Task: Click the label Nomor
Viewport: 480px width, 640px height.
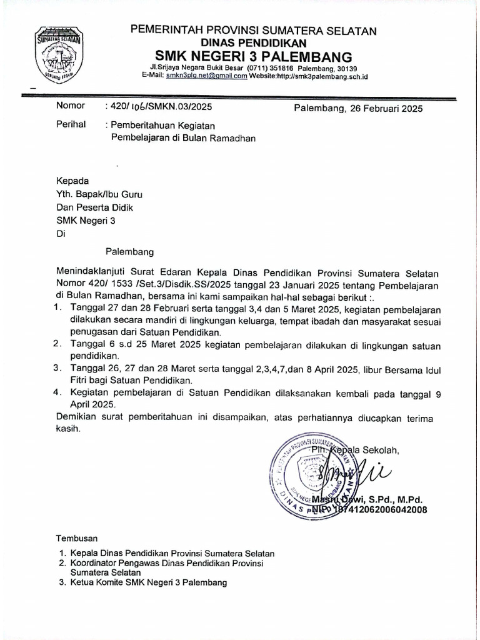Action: [70, 106]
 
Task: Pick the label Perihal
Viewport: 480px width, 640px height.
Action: [71, 125]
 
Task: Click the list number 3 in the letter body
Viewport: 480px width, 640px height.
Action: [57, 369]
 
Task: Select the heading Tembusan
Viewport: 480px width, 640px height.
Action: [77, 538]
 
